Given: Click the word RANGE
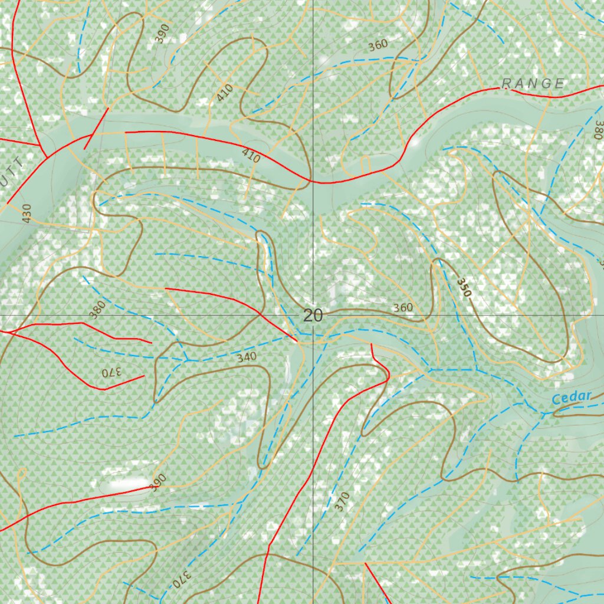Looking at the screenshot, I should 534,84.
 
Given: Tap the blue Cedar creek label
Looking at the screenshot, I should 572,398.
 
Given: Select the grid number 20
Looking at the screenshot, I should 313,316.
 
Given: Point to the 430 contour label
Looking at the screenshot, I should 25,213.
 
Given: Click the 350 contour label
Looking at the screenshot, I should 464,287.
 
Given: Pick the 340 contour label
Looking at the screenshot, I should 247,357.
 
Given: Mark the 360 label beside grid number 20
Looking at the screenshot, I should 403,307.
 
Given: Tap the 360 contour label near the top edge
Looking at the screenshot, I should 377,45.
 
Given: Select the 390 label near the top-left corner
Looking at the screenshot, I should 162,33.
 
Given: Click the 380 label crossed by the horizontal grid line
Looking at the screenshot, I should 97,310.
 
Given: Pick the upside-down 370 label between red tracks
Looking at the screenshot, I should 110,373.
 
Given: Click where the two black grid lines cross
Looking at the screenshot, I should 313,316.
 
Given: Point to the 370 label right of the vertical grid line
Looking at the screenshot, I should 342,501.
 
